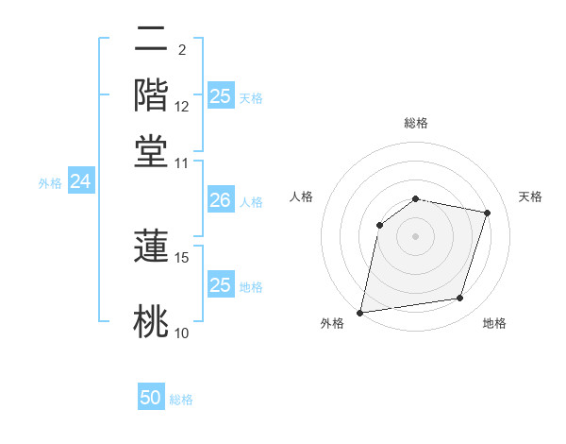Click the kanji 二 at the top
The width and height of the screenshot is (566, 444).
[152, 41]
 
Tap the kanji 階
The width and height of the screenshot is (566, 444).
[152, 95]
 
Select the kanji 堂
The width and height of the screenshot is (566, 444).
[152, 150]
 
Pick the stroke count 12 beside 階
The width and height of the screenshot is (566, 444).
[182, 106]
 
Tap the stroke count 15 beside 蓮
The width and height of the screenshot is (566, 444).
[182, 257]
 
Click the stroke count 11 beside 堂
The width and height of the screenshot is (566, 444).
[182, 162]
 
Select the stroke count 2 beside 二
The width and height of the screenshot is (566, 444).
[181, 49]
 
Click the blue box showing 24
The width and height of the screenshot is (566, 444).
[80, 182]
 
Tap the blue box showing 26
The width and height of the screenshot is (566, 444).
[220, 200]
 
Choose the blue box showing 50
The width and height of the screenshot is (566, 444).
[151, 398]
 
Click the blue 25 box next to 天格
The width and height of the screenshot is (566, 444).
[220, 96]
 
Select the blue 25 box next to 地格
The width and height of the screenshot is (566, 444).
[220, 285]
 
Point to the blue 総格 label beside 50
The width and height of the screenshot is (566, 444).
[181, 400]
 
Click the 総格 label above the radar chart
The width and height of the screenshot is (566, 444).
[415, 123]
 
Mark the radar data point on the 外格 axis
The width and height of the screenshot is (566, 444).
[360, 312]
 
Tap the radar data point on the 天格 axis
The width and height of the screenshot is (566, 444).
[487, 213]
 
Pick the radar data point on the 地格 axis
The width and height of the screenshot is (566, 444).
[459, 298]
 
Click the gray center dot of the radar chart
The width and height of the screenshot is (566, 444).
[415, 236]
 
